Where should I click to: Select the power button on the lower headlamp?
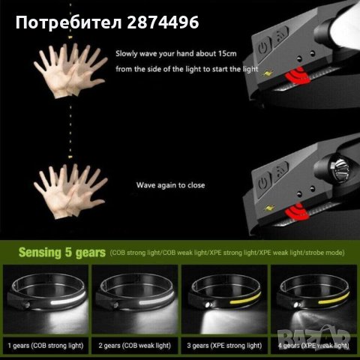tap(264, 182)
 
